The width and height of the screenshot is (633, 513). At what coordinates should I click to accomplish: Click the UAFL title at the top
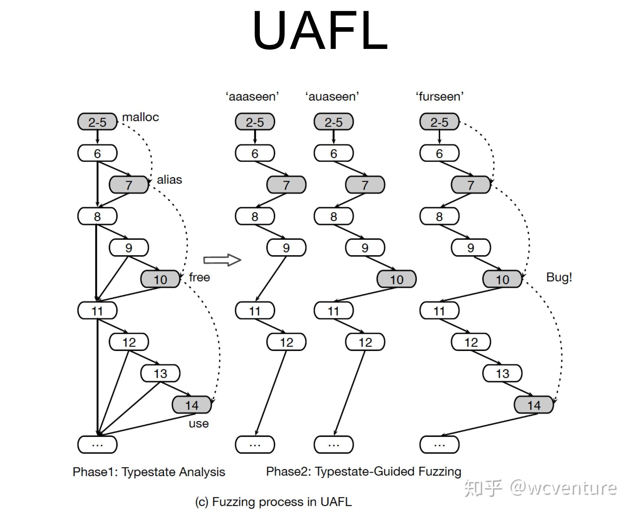pos(320,31)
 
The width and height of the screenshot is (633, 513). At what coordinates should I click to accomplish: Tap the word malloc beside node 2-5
pos(140,117)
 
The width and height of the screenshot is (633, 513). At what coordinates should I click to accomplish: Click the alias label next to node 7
pos(169,180)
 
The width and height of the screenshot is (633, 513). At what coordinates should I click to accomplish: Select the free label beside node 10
pos(200,277)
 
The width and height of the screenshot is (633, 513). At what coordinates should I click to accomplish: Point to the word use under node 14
pos(199,424)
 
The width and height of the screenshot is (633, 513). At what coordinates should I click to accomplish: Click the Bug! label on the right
pos(559,277)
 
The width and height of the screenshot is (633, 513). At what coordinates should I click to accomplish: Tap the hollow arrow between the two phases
pos(222,260)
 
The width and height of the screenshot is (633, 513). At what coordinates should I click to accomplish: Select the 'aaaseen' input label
pos(252,96)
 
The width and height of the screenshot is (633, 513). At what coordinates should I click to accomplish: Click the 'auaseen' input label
pos(332,96)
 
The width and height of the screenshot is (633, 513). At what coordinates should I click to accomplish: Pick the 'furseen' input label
pos(440,96)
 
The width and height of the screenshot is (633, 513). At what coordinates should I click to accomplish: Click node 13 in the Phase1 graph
pos(160,373)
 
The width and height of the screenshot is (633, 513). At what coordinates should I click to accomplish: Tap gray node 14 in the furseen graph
pos(533,405)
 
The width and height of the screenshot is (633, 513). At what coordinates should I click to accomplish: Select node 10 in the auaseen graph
pos(396,279)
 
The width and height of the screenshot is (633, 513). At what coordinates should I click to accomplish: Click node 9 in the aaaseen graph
pos(286,248)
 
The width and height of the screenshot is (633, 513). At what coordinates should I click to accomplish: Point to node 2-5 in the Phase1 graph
pos(97,122)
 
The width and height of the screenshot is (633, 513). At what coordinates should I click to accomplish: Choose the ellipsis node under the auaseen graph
pos(333,444)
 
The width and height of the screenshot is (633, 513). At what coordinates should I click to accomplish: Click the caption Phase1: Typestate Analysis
pos(149,472)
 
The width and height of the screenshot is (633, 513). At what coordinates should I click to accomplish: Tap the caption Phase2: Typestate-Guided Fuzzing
pos(363,472)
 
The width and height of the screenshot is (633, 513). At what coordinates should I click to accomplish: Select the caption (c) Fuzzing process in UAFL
pos(273,502)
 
